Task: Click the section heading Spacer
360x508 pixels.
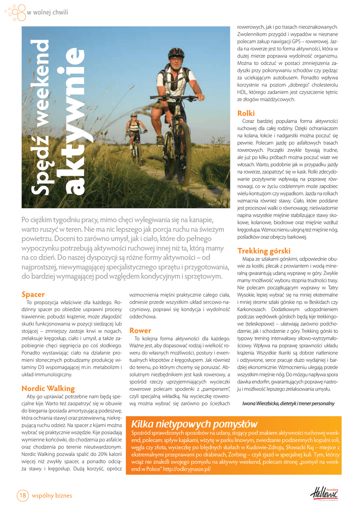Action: (33, 294)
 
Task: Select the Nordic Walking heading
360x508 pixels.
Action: (48, 388)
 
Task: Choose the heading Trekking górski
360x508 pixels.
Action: (264, 251)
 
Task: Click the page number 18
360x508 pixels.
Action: (23, 495)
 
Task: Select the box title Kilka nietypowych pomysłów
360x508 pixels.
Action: (195, 424)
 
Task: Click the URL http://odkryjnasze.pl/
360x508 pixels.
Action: (187, 468)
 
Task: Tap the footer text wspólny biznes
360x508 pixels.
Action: (52, 495)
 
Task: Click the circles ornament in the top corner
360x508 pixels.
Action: (14, 12)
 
